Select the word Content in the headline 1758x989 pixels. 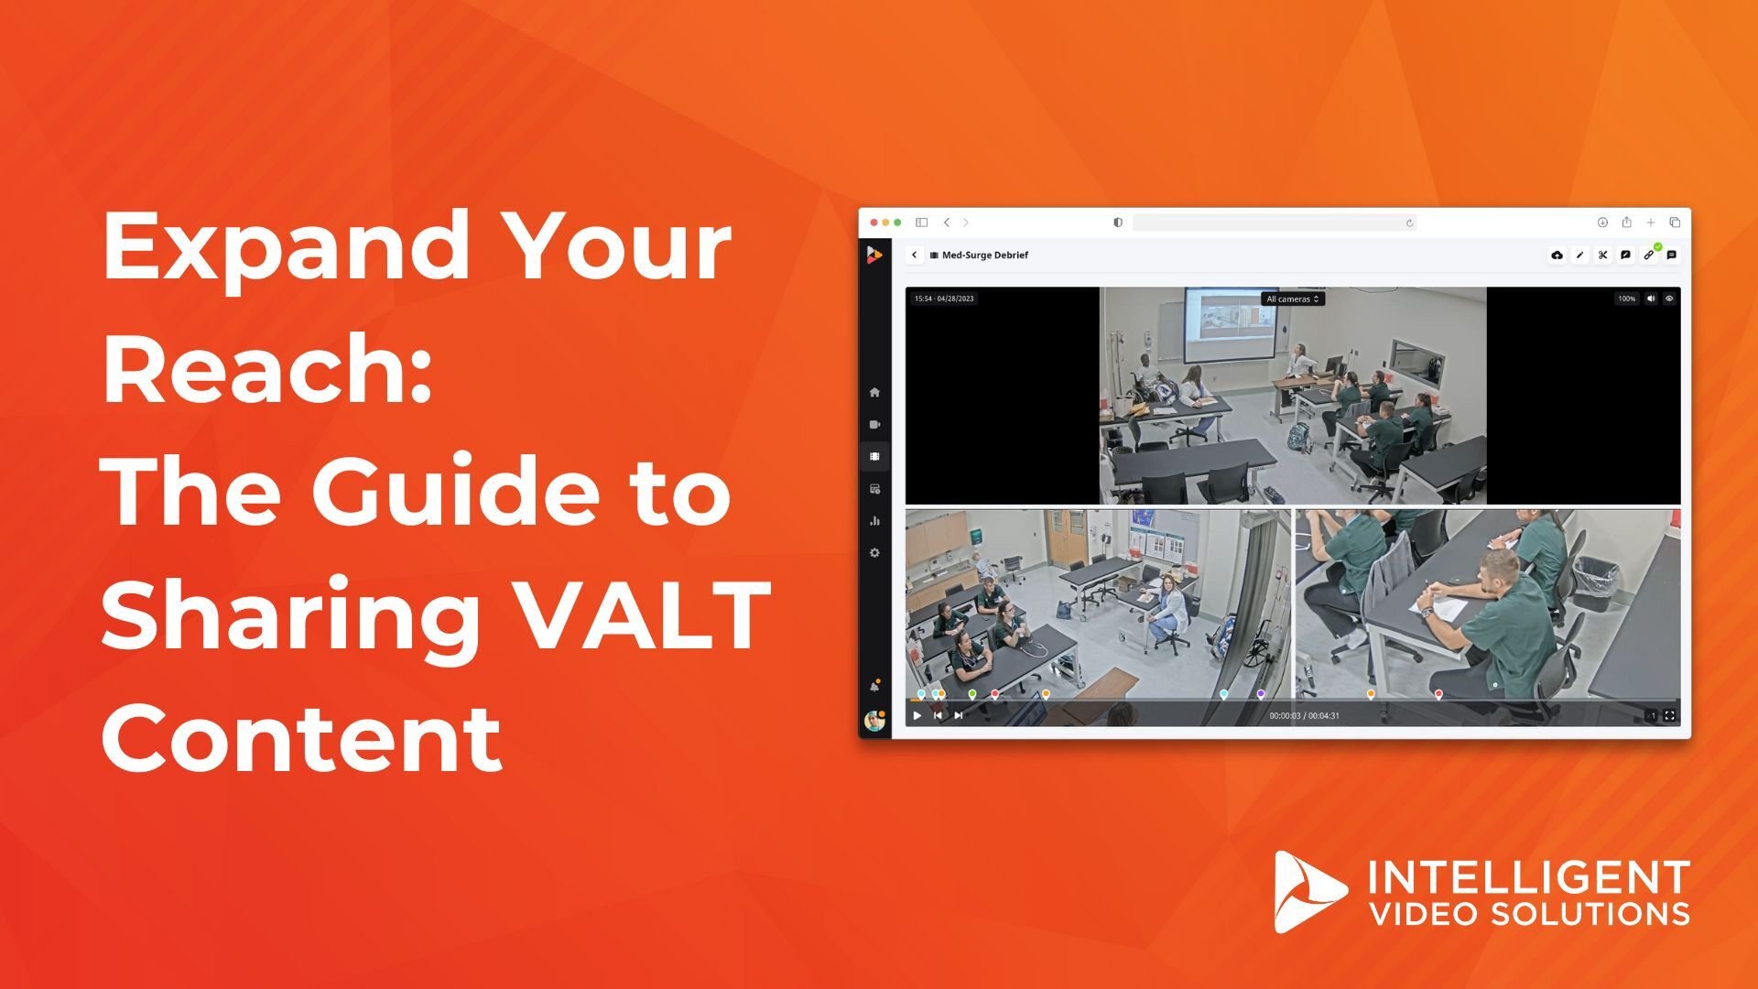[x=302, y=738]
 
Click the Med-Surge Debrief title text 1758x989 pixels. [x=985, y=255]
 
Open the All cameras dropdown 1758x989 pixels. [x=1293, y=299]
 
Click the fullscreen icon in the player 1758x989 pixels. [x=1669, y=716]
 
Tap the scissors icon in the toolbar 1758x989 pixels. [x=1603, y=255]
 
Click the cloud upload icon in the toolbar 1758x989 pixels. [x=1557, y=255]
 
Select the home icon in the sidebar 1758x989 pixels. [x=874, y=393]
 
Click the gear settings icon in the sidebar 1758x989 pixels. [x=874, y=553]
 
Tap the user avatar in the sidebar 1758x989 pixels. [x=874, y=721]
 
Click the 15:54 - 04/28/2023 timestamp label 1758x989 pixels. [x=944, y=299]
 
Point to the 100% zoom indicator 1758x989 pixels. [x=1626, y=299]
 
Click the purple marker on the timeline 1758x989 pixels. [x=1261, y=694]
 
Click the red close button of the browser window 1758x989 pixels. [x=874, y=223]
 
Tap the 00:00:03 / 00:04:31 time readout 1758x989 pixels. [x=1304, y=716]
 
